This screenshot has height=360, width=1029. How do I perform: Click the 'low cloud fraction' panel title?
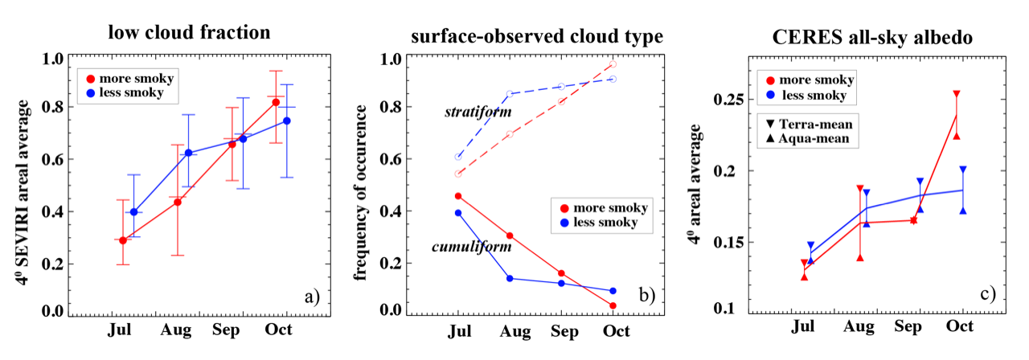[x=191, y=33]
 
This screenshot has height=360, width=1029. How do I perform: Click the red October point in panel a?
[x=276, y=102]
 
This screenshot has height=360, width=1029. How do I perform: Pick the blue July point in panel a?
[x=133, y=212]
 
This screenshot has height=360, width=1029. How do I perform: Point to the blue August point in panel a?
[x=189, y=153]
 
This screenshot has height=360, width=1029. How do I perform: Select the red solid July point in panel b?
[x=458, y=196]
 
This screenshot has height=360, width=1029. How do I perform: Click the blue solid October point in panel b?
[x=613, y=291]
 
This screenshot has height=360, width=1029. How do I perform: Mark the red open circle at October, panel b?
[x=613, y=64]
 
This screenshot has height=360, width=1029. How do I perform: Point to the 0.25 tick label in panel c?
[x=728, y=100]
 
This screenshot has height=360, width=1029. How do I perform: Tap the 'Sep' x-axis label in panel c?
[x=909, y=327]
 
